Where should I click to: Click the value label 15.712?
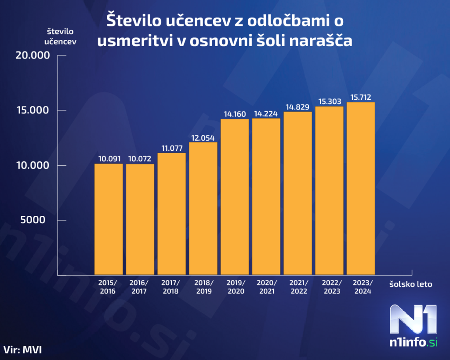point(361,97)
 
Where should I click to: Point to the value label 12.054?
point(203,137)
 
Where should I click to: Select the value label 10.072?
point(140,159)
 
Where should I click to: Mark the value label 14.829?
point(298,107)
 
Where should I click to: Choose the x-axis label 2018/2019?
point(203,287)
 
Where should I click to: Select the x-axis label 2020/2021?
point(266,287)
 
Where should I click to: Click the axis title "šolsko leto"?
point(410,284)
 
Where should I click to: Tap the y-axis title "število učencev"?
point(61,36)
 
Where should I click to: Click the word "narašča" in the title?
point(321,40)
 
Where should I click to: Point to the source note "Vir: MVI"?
point(25,350)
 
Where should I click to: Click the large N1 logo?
point(414,319)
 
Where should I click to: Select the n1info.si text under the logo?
point(414,342)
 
